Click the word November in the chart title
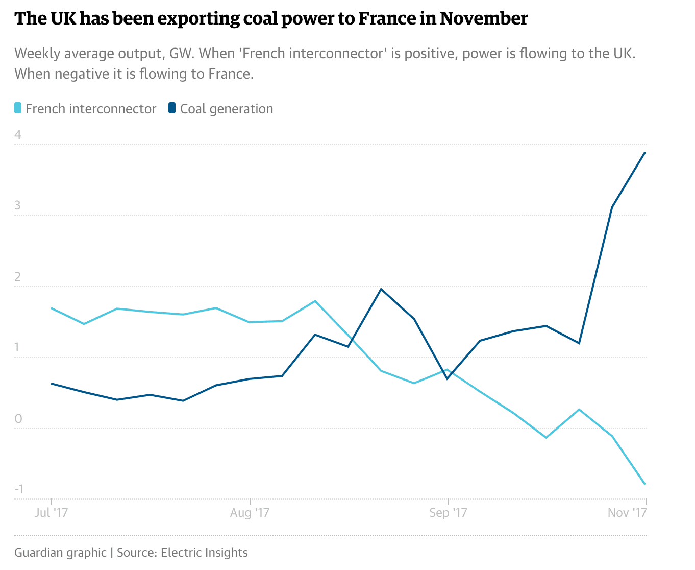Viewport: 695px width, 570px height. point(483,18)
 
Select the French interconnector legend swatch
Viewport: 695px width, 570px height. point(18,108)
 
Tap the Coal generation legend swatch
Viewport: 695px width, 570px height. point(172,108)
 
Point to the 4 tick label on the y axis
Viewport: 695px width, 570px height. point(18,135)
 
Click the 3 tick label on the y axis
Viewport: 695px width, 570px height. point(18,205)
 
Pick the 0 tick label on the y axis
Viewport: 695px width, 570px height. point(18,419)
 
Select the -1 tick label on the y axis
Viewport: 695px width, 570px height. point(19,489)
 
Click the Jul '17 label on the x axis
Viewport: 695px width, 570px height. point(51,512)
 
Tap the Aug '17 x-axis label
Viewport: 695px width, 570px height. point(250,512)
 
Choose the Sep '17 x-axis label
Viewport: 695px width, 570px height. point(448,512)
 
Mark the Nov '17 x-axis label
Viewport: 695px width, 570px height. point(627,512)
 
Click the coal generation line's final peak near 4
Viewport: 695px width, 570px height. point(646,152)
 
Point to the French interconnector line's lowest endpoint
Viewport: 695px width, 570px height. point(646,484)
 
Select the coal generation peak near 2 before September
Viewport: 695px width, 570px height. point(381,289)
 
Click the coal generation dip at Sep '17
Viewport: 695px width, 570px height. point(448,378)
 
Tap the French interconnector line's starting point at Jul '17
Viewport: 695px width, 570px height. point(52,308)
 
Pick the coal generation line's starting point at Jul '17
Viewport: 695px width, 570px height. point(52,383)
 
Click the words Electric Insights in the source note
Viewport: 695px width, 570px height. point(204,553)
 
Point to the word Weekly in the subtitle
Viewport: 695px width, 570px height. point(36,53)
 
